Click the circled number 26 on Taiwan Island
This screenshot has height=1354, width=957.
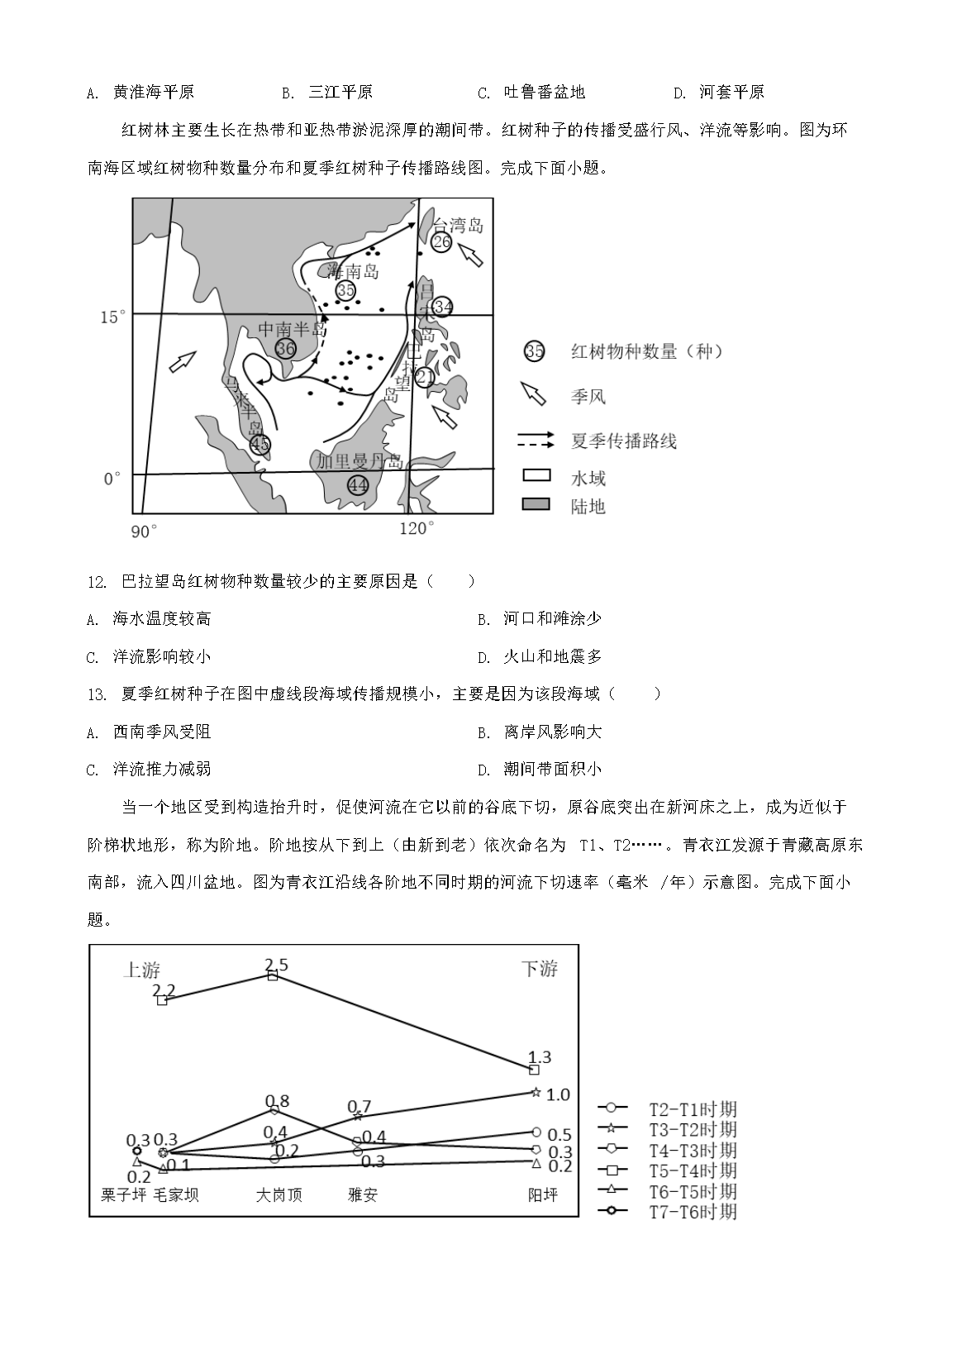(442, 241)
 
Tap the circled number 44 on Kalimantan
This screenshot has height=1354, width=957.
(358, 485)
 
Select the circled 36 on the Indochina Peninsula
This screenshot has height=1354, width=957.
(286, 349)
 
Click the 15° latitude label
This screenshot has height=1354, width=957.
(113, 317)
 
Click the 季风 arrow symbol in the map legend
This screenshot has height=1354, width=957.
(534, 394)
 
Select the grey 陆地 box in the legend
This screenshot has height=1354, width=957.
(535, 505)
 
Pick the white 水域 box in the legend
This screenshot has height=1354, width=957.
(535, 477)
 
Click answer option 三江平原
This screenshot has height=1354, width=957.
(340, 93)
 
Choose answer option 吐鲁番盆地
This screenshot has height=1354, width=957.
(544, 93)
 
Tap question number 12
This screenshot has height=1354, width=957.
(97, 582)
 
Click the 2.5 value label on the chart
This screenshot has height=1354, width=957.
(276, 965)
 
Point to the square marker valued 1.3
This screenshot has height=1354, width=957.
(534, 1070)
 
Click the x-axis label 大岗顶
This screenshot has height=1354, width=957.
(279, 1195)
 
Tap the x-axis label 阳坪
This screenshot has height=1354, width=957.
(543, 1195)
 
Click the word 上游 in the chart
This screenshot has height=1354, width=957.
(141, 970)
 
